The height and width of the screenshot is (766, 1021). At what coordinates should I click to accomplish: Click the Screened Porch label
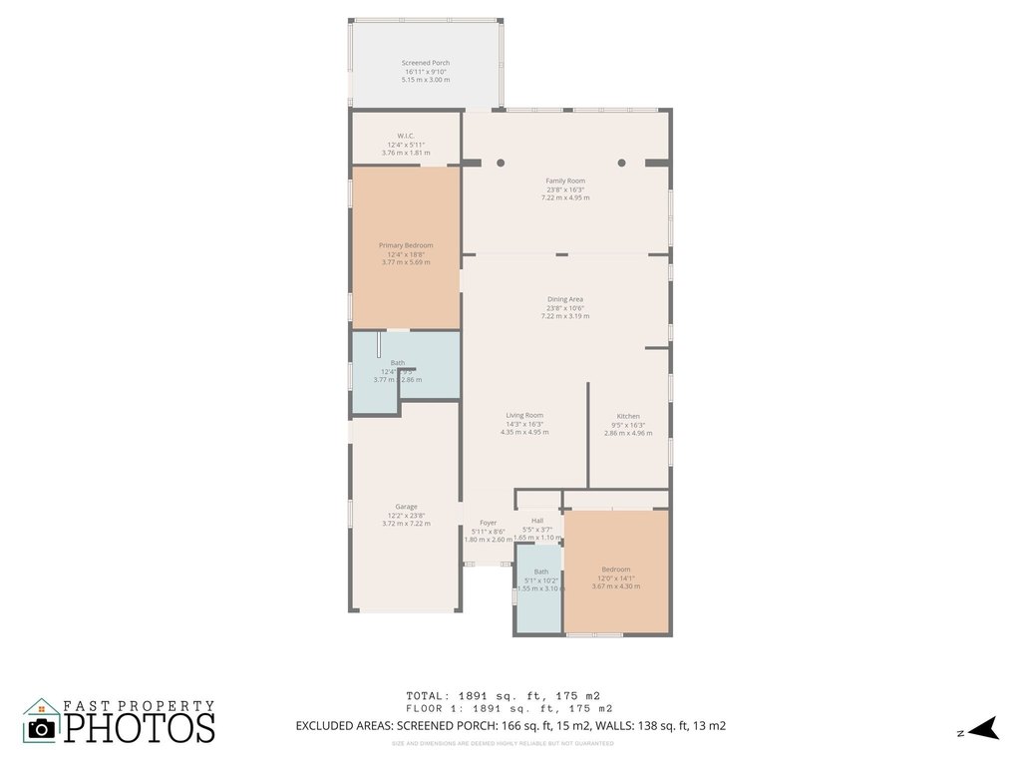click(x=426, y=63)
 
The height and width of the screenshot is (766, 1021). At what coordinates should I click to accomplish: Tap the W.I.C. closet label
click(x=406, y=136)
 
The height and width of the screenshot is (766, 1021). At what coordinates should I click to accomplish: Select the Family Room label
click(x=565, y=181)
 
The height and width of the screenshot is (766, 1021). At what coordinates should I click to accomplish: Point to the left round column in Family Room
click(x=501, y=163)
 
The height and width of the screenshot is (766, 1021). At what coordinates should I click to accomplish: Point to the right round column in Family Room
click(x=621, y=163)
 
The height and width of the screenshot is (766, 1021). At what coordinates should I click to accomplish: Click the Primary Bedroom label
click(x=406, y=245)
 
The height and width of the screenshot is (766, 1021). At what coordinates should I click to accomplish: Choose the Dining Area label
click(x=565, y=299)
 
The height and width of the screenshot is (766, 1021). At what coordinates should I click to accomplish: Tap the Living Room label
click(x=524, y=415)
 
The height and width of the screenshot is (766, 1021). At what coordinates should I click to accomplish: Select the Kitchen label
click(x=628, y=416)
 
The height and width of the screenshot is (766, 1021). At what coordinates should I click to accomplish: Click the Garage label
click(x=406, y=506)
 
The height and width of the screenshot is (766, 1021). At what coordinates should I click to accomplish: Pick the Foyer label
click(x=488, y=523)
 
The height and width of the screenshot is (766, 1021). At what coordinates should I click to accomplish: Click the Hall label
click(x=537, y=521)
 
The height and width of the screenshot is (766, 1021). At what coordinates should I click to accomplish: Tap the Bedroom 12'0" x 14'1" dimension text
click(x=615, y=577)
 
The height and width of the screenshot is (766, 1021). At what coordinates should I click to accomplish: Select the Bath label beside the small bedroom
click(x=540, y=572)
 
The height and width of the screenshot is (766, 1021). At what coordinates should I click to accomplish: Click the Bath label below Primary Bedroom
click(x=398, y=363)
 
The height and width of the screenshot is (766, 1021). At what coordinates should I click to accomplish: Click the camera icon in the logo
click(x=42, y=727)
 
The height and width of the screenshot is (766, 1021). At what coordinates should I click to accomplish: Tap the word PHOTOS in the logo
click(x=140, y=727)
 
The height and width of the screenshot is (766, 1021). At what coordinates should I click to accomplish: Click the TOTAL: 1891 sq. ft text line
click(x=503, y=695)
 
